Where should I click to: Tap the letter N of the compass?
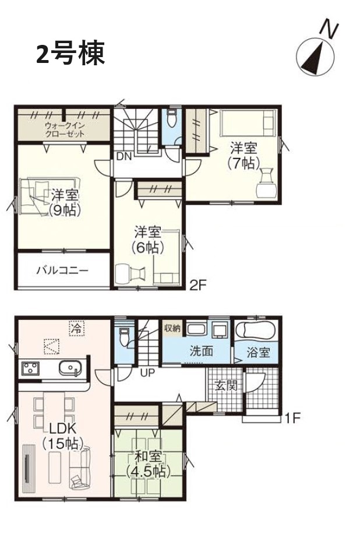pos(329,30)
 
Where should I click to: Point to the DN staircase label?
pos(123,157)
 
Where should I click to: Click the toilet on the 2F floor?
pos(171,119)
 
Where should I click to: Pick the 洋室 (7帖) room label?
pos(243,156)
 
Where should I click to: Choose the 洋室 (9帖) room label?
pos(65,203)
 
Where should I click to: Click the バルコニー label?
pos(62,270)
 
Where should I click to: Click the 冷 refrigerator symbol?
pos(76,328)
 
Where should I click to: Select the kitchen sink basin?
pos(70,368)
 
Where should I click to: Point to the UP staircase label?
pos(147,372)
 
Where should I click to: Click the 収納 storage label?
pos(172,328)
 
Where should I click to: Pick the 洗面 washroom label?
pos(202,351)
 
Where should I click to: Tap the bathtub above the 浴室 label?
pos(255,330)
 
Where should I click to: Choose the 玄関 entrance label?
pos(226,385)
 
